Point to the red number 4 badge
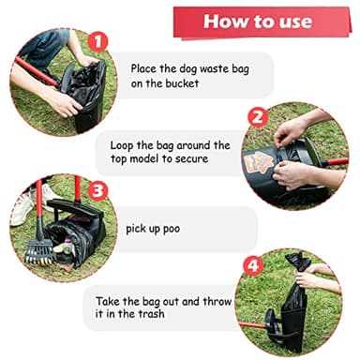(251, 265)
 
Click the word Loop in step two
(125, 145)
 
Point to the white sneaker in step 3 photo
(21, 208)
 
